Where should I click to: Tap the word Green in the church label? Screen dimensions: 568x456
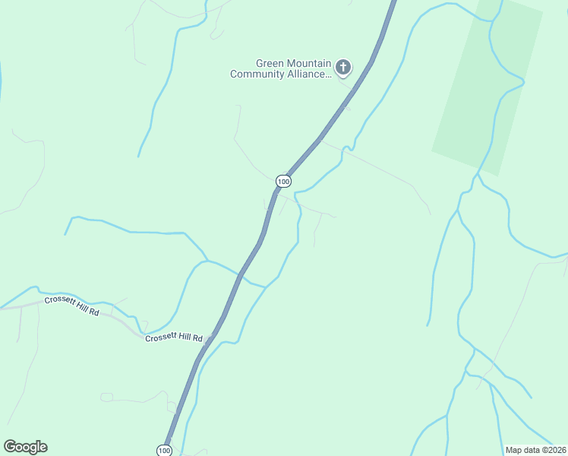(271, 64)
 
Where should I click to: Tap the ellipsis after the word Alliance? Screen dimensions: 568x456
(328, 75)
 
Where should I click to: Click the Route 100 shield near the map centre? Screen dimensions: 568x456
(283, 181)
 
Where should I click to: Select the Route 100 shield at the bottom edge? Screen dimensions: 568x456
(165, 450)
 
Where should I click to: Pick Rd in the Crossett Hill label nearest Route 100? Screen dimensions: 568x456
(197, 338)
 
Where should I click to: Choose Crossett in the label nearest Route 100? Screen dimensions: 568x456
(162, 337)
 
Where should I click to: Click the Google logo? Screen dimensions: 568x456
(25, 447)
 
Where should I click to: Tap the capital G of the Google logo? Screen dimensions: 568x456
(10, 446)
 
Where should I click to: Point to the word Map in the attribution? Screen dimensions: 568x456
(514, 450)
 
